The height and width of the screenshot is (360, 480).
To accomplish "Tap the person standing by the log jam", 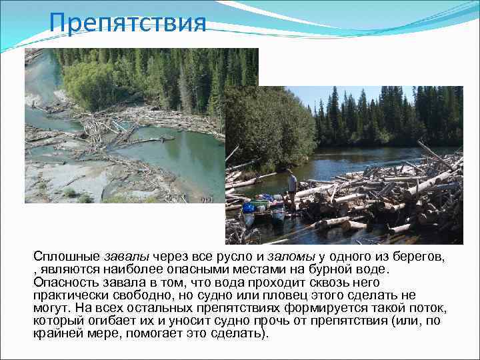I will coord(292,189).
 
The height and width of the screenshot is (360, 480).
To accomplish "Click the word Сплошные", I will coord(67,257).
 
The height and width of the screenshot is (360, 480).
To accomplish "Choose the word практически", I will coord(72,295).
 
